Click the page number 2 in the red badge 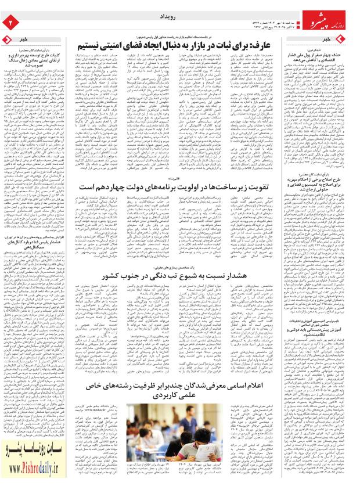click(x=10, y=21)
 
